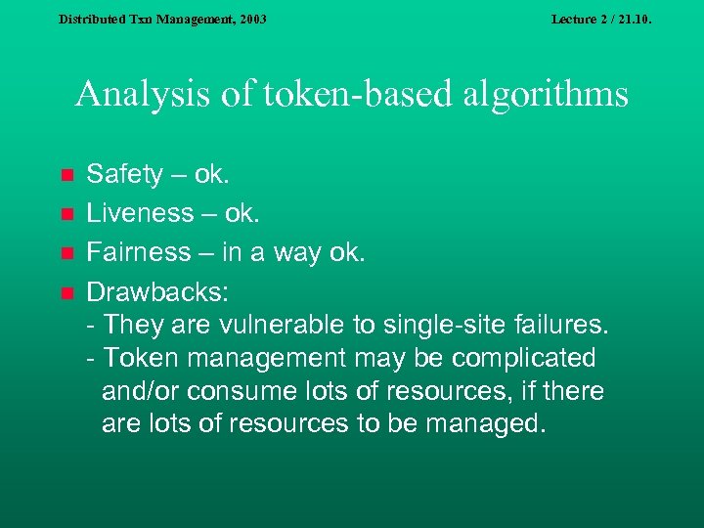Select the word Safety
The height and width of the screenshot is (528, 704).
click(124, 175)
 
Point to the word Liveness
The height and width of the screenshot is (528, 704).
click(140, 213)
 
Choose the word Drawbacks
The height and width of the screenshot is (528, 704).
click(147, 291)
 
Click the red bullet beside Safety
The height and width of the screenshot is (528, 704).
click(66, 176)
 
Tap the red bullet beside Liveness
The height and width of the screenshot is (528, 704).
click(66, 214)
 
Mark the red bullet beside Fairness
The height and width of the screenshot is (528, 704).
click(66, 253)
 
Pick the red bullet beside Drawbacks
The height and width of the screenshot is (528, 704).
click(66, 291)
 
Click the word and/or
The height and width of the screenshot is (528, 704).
click(140, 391)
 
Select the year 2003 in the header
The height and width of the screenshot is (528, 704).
click(250, 19)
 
